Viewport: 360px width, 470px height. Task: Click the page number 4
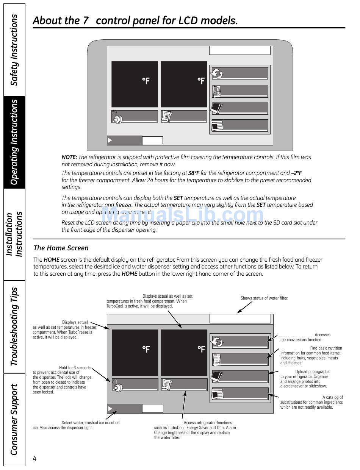point(35,459)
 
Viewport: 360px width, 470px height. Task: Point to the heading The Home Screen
point(61,248)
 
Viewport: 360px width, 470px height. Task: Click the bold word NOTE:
point(69,157)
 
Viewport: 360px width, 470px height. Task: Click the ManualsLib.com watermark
point(182,215)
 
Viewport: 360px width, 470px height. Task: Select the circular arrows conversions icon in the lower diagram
point(218,342)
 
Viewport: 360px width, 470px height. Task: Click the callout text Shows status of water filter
point(264,298)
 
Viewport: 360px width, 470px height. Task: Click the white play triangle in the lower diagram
point(110,409)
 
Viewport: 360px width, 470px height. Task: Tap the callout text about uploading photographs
point(304,379)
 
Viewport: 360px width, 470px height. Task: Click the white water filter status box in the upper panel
point(240,51)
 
